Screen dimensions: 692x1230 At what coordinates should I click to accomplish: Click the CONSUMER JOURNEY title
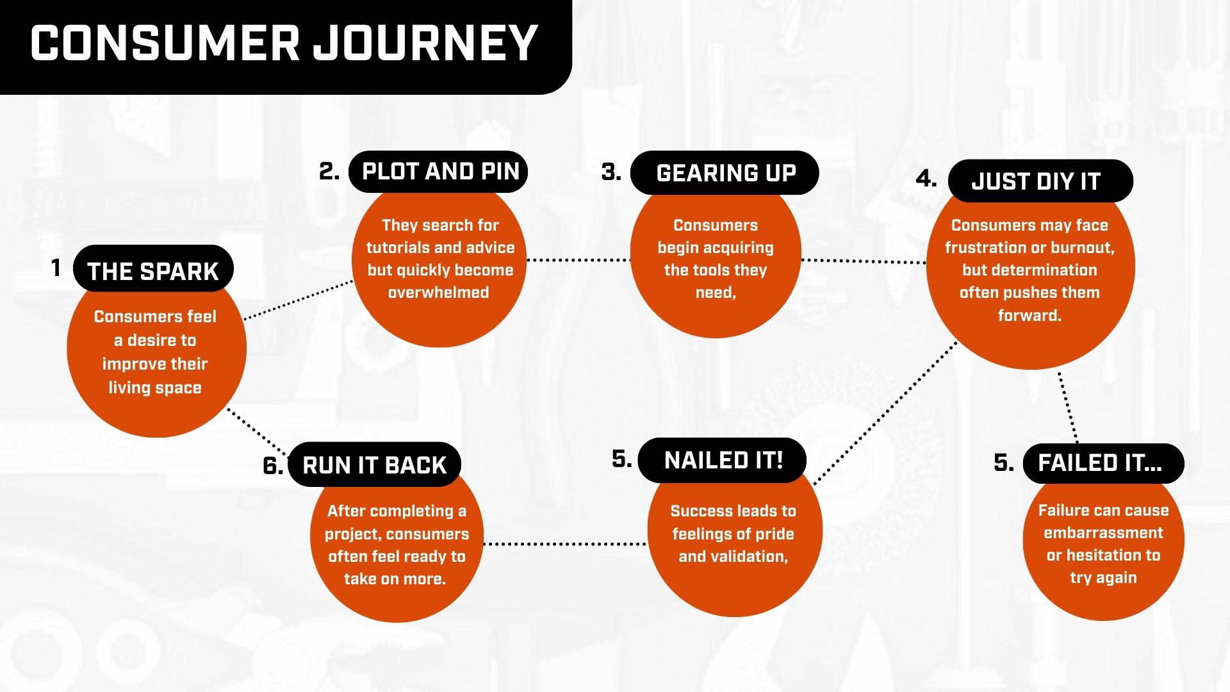pyautogui.click(x=284, y=44)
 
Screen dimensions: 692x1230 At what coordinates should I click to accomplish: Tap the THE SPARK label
pyautogui.click(x=153, y=271)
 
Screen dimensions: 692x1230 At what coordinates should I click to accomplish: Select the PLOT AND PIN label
pyautogui.click(x=440, y=171)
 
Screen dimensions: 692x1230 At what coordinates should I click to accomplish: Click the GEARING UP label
pyautogui.click(x=726, y=173)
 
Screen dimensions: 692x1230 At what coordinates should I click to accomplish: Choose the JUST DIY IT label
pyautogui.click(x=1036, y=181)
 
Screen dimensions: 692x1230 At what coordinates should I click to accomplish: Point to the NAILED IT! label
pyautogui.click(x=723, y=460)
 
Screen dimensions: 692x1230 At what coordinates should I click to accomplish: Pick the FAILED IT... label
pyautogui.click(x=1100, y=463)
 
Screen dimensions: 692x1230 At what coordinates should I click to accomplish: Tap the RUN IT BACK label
pyautogui.click(x=374, y=465)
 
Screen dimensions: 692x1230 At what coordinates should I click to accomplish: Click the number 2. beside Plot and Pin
pyautogui.click(x=329, y=171)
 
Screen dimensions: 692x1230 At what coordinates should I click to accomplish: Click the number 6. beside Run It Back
pyautogui.click(x=273, y=466)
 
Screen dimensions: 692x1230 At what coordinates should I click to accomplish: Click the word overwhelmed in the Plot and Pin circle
pyautogui.click(x=438, y=293)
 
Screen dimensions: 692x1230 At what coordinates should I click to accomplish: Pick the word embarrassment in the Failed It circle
pyautogui.click(x=1103, y=533)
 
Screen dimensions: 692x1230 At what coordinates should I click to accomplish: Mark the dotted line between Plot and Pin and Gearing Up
pyautogui.click(x=578, y=260)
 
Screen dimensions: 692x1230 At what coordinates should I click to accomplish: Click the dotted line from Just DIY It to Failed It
pyautogui.click(x=1067, y=407)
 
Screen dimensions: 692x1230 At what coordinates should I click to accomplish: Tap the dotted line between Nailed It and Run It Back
pyautogui.click(x=564, y=544)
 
